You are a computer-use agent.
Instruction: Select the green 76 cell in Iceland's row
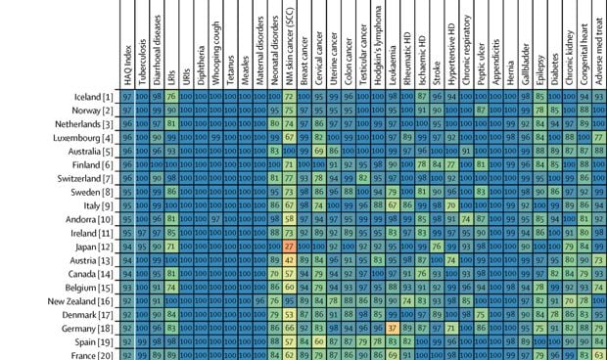point(171,97)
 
